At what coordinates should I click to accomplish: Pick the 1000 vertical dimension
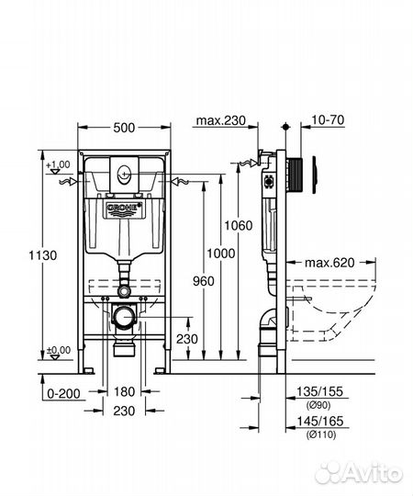pyautogui.click(x=218, y=254)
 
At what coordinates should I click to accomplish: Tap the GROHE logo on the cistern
pyautogui.click(x=126, y=210)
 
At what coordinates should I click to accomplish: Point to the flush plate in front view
pyautogui.click(x=125, y=174)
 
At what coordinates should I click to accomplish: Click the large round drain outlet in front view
pyautogui.click(x=124, y=319)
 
